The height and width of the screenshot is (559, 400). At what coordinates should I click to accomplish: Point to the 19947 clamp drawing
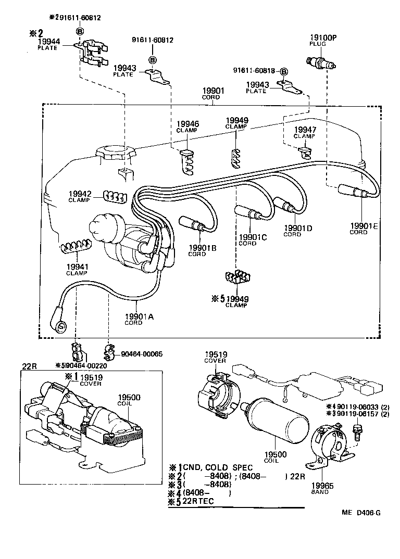coord(305,151)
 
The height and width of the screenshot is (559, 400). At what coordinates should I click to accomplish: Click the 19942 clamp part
coord(114,196)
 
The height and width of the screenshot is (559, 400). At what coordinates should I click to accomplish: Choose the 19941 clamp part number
coord(76,266)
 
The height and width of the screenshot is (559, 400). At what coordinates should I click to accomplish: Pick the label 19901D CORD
coord(298,230)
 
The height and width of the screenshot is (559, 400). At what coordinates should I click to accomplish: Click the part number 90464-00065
coord(142,354)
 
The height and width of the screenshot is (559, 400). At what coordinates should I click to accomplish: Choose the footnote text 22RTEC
coord(199,501)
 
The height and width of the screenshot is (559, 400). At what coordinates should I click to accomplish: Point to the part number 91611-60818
coord(255,71)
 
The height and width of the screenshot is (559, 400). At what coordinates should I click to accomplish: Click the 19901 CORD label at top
coord(212,94)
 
